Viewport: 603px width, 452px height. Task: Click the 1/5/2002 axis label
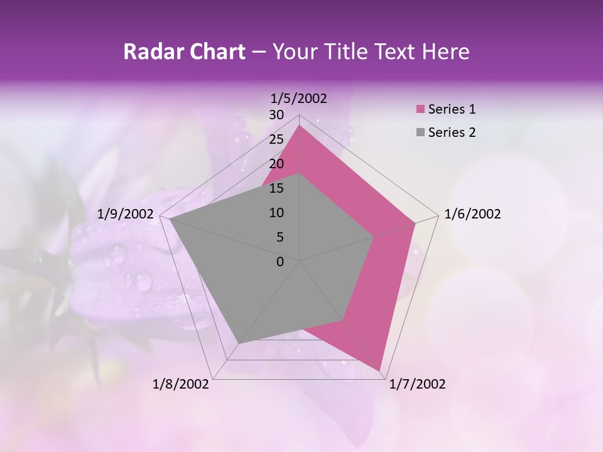(298, 98)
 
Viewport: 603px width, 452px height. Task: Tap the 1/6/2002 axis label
(472, 214)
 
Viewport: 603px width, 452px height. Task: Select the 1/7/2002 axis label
(417, 384)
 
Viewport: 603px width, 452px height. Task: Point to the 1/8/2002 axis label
(181, 384)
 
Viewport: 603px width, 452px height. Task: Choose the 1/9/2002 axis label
(126, 214)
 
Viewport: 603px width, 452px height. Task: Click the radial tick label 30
(276, 115)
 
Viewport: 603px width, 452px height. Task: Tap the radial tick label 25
(276, 139)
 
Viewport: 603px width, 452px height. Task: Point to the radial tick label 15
(276, 188)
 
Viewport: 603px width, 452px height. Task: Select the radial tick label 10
(276, 213)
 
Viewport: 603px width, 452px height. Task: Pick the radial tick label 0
(280, 262)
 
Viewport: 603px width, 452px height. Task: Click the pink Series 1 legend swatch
(420, 109)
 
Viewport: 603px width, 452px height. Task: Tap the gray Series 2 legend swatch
(420, 132)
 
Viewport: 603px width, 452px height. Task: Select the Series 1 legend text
(452, 109)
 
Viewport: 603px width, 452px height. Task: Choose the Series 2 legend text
(452, 132)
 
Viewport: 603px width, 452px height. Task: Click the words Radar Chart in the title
(184, 52)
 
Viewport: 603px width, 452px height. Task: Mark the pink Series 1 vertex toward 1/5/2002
(300, 126)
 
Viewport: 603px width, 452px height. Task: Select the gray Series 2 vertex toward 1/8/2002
(239, 343)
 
